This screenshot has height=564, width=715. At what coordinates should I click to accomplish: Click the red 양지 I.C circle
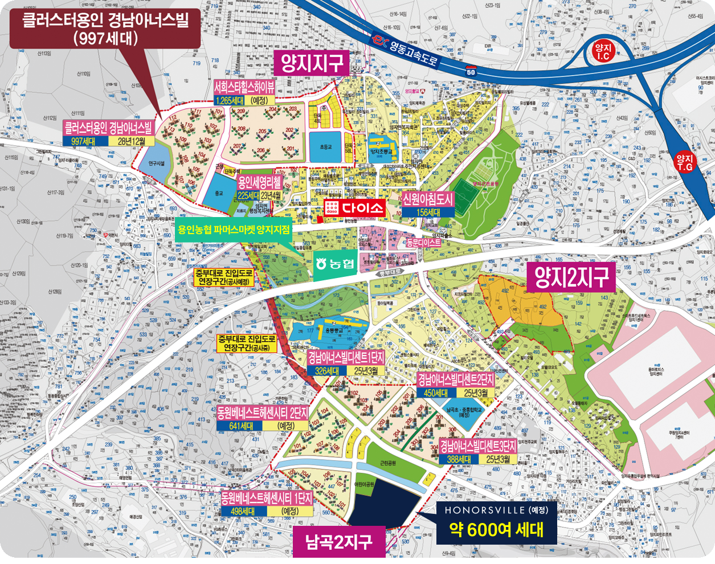602,52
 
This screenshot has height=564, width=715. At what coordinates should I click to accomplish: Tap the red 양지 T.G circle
684,163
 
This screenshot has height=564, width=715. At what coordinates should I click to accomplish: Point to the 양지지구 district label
313,63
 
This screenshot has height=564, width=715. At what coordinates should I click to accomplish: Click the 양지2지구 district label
571,277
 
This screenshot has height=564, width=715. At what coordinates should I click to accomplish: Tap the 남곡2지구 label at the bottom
338,541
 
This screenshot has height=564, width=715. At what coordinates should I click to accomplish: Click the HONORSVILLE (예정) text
496,510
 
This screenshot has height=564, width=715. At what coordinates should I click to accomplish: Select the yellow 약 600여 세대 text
496,530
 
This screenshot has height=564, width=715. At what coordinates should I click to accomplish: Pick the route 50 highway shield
471,72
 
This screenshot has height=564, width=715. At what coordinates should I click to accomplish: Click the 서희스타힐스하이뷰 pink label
244,87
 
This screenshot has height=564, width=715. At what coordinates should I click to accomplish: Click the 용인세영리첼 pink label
259,183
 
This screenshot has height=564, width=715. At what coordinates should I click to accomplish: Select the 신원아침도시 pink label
428,199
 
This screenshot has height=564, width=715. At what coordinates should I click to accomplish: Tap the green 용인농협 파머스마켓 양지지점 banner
234,230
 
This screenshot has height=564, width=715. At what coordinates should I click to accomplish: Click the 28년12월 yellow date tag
132,141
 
